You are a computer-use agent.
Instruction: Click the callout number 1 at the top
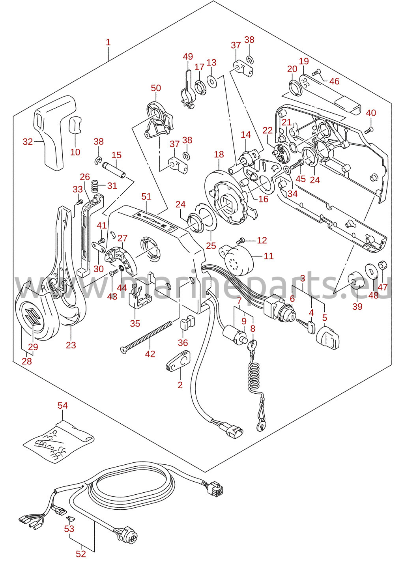point(108,42)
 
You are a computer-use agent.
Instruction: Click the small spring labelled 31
point(95,185)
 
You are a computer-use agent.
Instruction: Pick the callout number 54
point(63,406)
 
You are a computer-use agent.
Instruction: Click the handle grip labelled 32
point(55,132)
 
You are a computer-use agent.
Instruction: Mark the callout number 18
point(219,154)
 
